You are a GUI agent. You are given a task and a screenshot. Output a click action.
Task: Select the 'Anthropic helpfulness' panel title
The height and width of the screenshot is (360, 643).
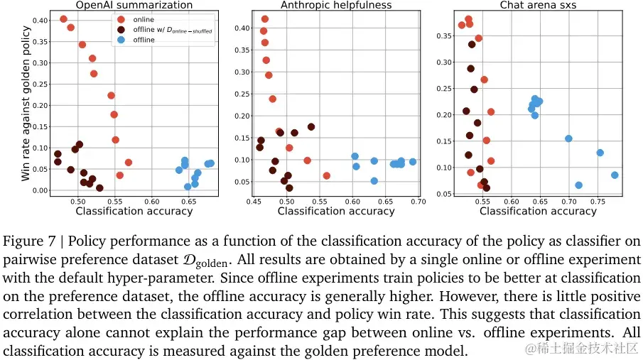(x=336, y=5)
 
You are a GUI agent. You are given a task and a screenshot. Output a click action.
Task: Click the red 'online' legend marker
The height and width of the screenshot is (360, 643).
(x=121, y=19)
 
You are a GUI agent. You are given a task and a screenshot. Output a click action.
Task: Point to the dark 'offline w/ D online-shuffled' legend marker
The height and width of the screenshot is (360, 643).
(x=121, y=30)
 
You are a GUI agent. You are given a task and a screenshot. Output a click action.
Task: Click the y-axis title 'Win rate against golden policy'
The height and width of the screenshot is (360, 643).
(x=26, y=103)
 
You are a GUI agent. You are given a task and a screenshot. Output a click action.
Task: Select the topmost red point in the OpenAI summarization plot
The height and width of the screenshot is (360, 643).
(x=64, y=19)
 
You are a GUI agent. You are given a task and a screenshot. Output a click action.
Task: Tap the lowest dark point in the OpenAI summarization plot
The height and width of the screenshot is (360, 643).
(x=99, y=188)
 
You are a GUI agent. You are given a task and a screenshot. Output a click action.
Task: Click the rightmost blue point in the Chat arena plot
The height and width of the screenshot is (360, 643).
(x=615, y=175)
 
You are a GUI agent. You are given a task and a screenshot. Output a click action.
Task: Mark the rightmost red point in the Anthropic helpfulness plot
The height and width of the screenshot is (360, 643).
(x=327, y=175)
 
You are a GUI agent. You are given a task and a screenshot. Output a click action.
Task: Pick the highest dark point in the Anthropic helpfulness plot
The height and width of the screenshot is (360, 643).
(x=310, y=127)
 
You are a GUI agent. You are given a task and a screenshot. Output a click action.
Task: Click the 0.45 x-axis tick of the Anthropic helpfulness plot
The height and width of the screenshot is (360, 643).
(x=254, y=202)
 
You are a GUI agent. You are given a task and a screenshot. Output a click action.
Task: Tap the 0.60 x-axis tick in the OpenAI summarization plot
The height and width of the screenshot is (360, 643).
(x=151, y=202)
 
